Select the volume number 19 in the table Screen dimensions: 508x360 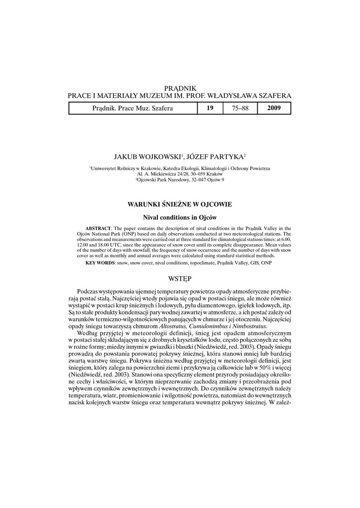click(210, 108)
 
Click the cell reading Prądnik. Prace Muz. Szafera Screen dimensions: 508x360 click(133, 108)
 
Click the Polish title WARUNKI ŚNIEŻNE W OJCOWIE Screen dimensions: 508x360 click(180, 204)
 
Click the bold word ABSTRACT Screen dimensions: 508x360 click(98, 228)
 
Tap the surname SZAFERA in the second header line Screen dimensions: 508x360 click(273, 95)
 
